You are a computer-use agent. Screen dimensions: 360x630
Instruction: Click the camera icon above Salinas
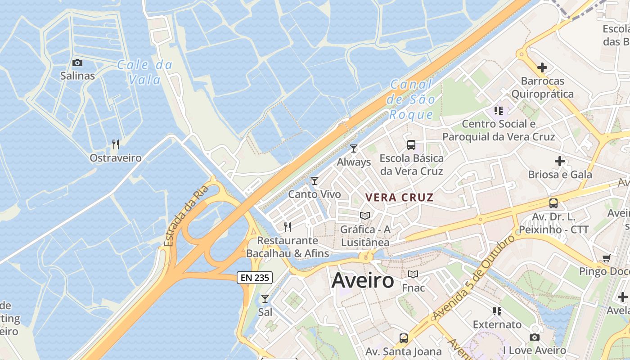77,63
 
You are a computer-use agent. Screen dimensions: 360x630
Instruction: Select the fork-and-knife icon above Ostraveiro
116,144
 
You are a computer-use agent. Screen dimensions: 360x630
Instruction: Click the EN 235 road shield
255,278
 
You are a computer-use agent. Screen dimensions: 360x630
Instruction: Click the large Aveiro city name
363,281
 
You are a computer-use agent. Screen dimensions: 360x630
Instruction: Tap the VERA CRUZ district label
400,197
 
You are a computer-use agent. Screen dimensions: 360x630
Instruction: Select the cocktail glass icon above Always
354,148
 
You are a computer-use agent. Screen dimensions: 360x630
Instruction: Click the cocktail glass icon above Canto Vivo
315,181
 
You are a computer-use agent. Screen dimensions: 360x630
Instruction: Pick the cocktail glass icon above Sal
265,298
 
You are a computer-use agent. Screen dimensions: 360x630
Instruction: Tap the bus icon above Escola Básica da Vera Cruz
411,144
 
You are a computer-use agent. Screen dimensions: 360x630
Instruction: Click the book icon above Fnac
413,274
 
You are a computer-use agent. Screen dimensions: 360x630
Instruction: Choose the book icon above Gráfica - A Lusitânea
365,216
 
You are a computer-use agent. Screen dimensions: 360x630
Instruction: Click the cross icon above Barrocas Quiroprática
542,67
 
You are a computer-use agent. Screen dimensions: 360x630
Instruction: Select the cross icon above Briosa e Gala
560,161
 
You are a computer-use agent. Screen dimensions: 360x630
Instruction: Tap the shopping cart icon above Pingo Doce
606,258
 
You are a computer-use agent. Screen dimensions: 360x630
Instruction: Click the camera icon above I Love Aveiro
534,337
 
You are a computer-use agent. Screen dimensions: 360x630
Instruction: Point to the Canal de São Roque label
411,99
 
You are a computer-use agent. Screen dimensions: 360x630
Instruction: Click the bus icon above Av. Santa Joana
404,338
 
